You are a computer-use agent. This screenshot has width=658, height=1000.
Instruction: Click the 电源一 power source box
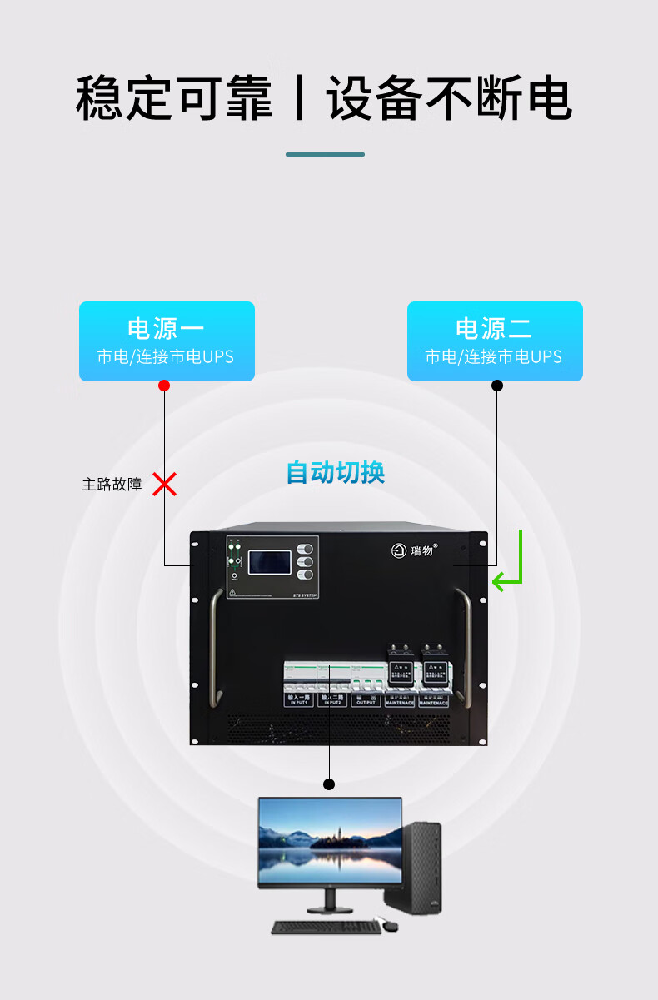[x=167, y=341]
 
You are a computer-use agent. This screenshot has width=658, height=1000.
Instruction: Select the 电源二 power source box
[x=495, y=341]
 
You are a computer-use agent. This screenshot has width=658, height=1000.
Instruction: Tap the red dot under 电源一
[x=164, y=386]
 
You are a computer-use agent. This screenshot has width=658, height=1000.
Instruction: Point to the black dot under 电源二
[x=497, y=386]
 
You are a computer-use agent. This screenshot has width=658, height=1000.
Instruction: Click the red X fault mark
[x=165, y=484]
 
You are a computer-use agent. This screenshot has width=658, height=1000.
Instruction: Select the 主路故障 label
[x=112, y=485]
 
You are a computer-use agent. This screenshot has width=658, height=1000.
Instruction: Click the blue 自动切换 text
[x=336, y=473]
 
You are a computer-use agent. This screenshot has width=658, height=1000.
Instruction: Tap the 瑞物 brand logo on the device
[x=415, y=550]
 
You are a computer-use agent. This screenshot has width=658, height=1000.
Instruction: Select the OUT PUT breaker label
[x=366, y=701]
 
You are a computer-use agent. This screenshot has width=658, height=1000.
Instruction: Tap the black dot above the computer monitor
[x=329, y=784]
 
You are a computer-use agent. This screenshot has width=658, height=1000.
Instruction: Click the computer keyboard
[x=326, y=927]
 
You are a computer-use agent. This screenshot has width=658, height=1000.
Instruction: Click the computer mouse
[x=389, y=925]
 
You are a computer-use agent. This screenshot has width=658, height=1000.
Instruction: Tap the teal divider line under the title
[x=325, y=154]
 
